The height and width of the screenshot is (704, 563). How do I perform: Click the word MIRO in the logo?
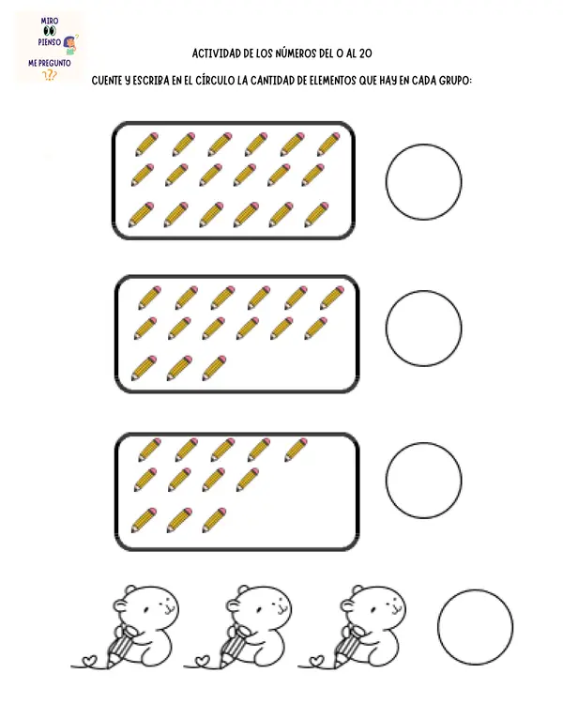click(50, 21)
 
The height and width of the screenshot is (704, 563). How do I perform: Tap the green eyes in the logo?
click(50, 31)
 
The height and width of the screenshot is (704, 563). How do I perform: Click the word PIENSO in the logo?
click(50, 42)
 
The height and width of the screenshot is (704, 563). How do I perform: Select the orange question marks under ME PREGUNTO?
click(50, 75)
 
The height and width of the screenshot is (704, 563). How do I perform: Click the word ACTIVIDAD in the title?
click(217, 54)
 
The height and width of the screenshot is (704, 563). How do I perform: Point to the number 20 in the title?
click(365, 54)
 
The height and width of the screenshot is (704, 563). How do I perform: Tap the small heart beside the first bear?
click(90, 661)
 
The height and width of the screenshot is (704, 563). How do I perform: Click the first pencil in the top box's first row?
click(146, 145)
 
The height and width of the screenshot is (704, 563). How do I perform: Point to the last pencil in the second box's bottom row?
click(214, 368)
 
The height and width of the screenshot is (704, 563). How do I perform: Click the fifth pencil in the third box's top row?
click(296, 450)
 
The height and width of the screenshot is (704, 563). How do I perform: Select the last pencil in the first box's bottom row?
click(316, 215)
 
